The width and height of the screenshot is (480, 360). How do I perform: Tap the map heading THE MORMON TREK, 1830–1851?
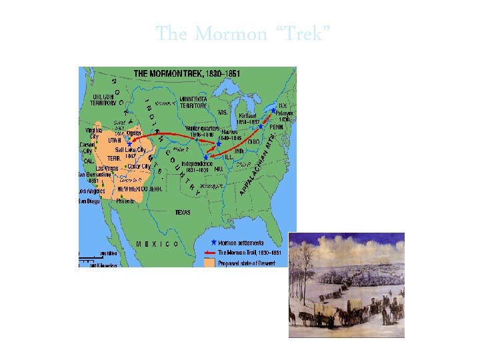[x=187, y=73]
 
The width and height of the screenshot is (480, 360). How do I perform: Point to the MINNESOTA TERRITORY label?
[x=193, y=102]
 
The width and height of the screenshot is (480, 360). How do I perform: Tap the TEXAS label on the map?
[x=183, y=212]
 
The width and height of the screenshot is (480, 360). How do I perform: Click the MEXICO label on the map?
[x=157, y=244]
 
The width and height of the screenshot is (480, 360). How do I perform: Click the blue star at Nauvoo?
[x=218, y=143]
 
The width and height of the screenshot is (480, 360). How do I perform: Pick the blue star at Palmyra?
[x=273, y=111]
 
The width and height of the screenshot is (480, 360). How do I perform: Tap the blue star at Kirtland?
[x=260, y=127]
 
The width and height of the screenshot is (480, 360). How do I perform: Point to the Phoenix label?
[x=125, y=200]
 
